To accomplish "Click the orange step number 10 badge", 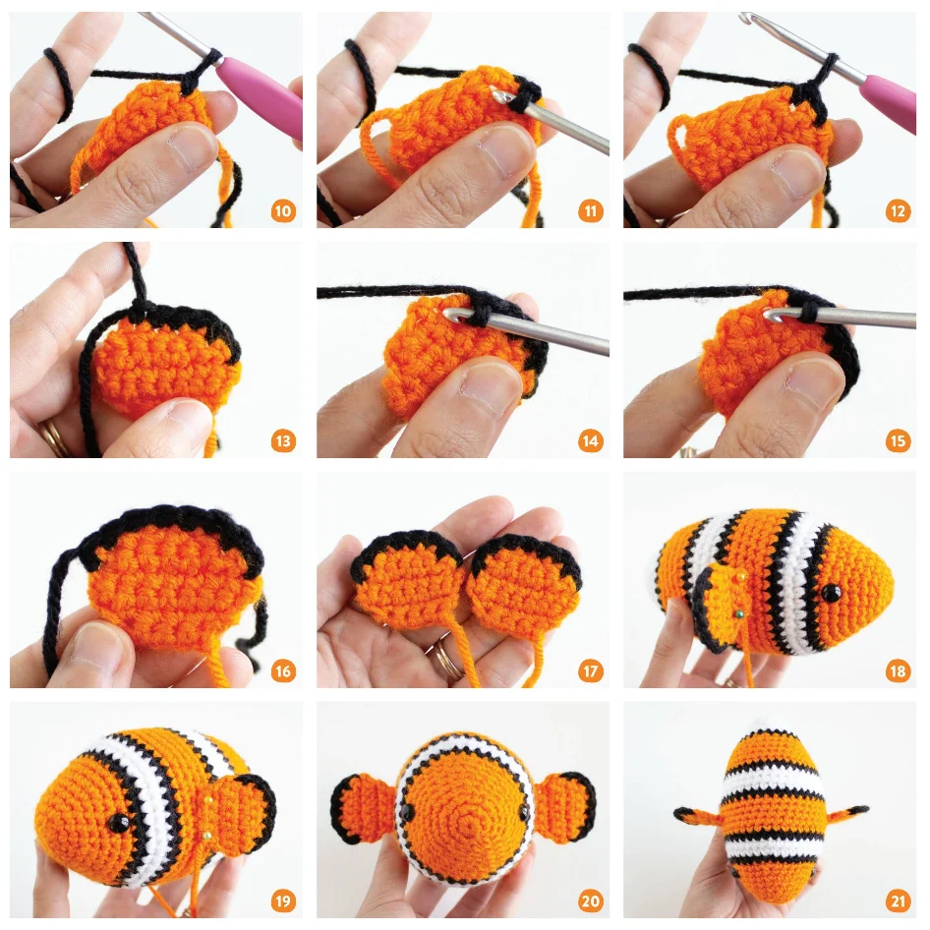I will coord(283,211).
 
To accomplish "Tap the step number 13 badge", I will coord(283,441).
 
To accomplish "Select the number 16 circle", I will coord(283,671).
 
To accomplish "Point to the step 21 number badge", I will coord(897,901).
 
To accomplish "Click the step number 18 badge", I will coord(897,671).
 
